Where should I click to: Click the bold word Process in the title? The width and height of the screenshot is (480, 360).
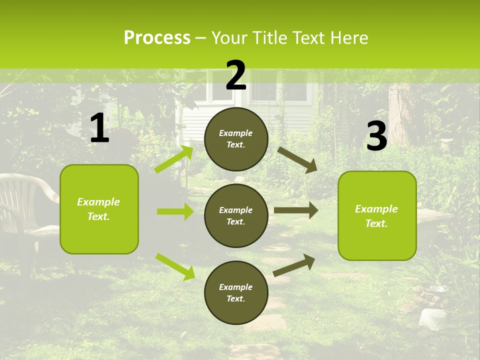(x=157, y=37)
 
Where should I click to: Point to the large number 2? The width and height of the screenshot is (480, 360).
(x=236, y=75)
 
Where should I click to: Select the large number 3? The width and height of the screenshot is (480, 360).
(x=376, y=136)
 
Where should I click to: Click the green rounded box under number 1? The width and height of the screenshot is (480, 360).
(x=99, y=209)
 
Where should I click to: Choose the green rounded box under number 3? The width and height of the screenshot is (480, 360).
(x=377, y=215)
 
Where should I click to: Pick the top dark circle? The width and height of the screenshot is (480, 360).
(x=236, y=139)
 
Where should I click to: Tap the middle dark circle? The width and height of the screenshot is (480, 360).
(x=236, y=215)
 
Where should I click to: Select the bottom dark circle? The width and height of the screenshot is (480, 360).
(x=236, y=292)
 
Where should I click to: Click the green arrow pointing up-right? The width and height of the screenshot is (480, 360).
(x=174, y=159)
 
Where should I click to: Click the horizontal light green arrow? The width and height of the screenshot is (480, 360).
(x=175, y=211)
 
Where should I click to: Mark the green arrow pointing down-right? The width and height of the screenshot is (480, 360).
(x=175, y=266)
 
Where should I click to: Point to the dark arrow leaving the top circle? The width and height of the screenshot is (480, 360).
(x=297, y=159)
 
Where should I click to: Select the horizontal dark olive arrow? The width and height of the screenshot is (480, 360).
(x=295, y=210)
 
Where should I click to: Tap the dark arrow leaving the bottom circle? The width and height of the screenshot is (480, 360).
(x=294, y=265)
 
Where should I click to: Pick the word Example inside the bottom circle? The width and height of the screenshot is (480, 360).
(x=236, y=287)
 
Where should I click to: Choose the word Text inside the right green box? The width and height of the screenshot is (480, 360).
(x=375, y=223)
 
